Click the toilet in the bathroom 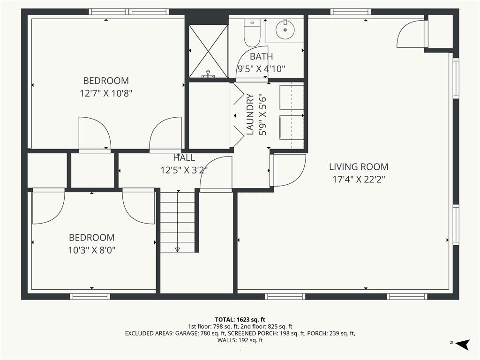pos(252,33)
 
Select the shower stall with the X pos(209,51)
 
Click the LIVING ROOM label pos(359,167)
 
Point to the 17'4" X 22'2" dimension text pos(359,179)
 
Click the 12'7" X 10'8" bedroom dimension pos(106,93)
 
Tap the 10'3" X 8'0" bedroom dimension pos(92,250)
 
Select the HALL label pos(184,157)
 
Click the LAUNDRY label pos(250,114)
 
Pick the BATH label pos(262,56)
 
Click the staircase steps pos(178,222)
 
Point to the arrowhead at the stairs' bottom pos(177,249)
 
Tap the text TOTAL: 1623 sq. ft pos(240,320)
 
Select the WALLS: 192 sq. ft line pos(240,340)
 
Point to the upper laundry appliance pos(292,97)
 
